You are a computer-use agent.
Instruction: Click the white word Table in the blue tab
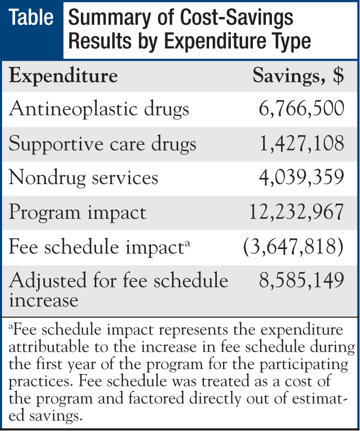click(32, 18)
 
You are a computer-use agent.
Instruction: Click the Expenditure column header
click(64, 77)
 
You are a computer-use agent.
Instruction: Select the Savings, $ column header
click(298, 77)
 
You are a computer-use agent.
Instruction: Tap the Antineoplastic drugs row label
click(99, 109)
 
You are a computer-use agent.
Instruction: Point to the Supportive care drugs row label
click(103, 144)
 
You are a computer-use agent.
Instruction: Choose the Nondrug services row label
click(84, 178)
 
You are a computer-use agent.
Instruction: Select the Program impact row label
click(78, 212)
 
